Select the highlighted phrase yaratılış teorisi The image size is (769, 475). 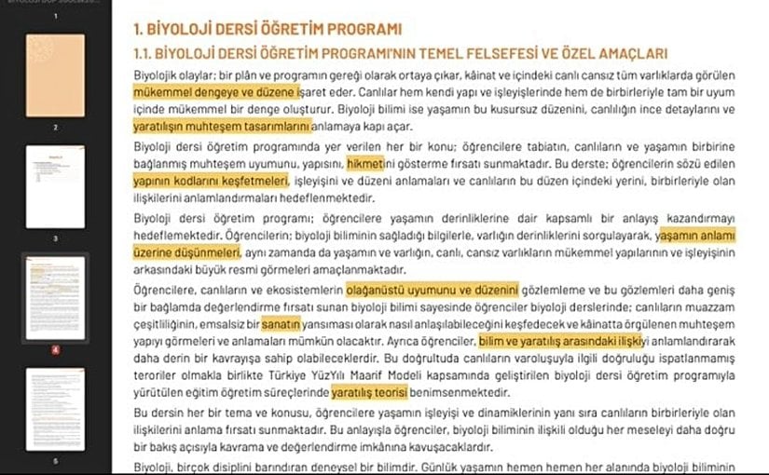point(372,393)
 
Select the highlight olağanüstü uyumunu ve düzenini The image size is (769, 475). point(432,290)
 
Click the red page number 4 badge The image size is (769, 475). point(55,350)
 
